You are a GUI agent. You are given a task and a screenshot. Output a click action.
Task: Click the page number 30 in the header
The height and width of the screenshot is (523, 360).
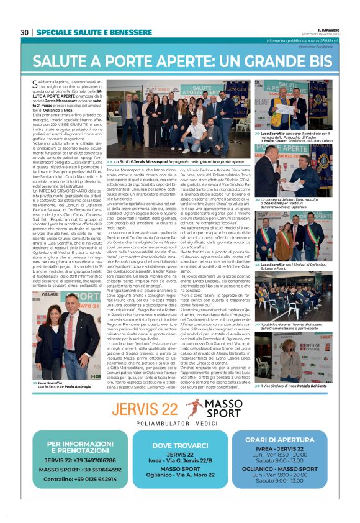(24, 33)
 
